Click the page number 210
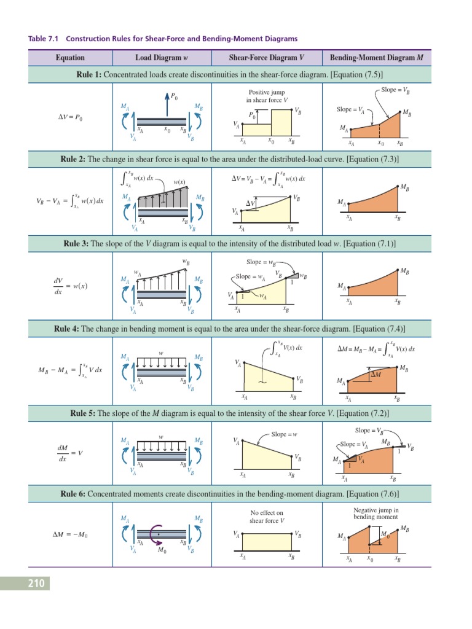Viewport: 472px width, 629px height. click(35, 584)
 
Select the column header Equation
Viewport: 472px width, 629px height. click(70, 58)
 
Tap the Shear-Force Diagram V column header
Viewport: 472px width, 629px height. click(267, 58)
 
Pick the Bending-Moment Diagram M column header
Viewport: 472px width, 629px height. click(376, 58)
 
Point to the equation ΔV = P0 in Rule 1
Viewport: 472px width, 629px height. click(70, 117)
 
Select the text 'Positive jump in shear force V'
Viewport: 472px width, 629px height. click(266, 96)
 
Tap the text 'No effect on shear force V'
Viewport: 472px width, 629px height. click(267, 517)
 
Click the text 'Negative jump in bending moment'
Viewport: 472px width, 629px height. click(376, 514)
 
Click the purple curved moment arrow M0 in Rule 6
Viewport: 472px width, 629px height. click(157, 534)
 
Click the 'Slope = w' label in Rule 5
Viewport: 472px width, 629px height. click(284, 434)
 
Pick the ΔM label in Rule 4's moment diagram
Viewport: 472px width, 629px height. click(375, 374)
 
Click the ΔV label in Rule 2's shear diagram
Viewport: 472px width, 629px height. click(251, 203)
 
